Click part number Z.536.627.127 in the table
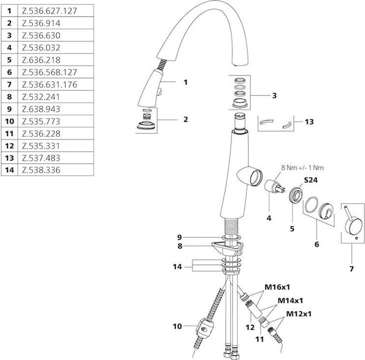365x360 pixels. pyautogui.click(x=49, y=11)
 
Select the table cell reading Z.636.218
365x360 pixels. pyautogui.click(x=41, y=60)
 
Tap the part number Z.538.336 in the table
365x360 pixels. pyautogui.click(x=41, y=170)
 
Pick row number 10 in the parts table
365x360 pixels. pyautogui.click(x=9, y=121)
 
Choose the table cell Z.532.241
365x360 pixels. pyautogui.click(x=41, y=97)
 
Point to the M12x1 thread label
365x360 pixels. pyautogui.click(x=299, y=314)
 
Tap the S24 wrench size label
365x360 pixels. pyautogui.click(x=310, y=181)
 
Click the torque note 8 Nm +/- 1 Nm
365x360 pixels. pyautogui.click(x=302, y=167)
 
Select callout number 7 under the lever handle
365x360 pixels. pyautogui.click(x=351, y=269)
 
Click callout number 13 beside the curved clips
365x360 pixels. pyautogui.click(x=309, y=122)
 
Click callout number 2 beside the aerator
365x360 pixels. pyautogui.click(x=185, y=119)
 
